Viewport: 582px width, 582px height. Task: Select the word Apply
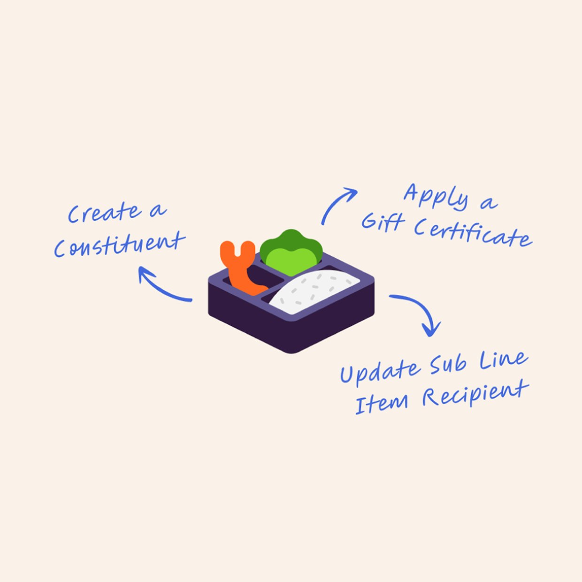[x=436, y=197]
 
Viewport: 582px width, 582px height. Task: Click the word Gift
[x=383, y=222]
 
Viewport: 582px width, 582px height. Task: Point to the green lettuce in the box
[x=291, y=253]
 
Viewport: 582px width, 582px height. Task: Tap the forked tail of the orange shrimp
[x=237, y=251]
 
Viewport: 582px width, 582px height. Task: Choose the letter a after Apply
[x=489, y=203]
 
